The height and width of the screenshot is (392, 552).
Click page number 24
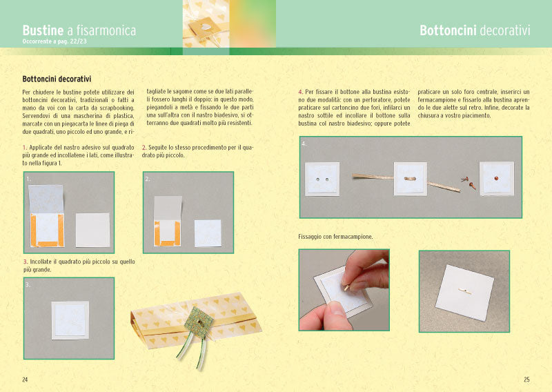click(25, 380)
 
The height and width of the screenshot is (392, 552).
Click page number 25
click(526, 380)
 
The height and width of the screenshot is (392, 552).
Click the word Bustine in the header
click(43, 30)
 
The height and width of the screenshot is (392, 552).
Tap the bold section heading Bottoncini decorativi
click(57, 79)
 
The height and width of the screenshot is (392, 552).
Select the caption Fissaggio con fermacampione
click(335, 237)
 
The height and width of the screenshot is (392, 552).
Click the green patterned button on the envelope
click(199, 322)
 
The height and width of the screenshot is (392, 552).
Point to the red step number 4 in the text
click(300, 92)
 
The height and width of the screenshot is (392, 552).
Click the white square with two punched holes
click(322, 179)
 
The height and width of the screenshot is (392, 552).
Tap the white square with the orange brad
click(497, 179)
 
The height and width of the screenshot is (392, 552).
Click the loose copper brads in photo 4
click(469, 182)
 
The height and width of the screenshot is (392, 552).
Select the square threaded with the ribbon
click(411, 179)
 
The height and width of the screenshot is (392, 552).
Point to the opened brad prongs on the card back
click(465, 291)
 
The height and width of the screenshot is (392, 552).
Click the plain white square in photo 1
click(93, 230)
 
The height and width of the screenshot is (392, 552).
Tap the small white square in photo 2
click(208, 233)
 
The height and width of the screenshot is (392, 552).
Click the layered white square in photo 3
click(70, 320)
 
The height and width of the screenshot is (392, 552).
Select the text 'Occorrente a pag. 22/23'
click(55, 41)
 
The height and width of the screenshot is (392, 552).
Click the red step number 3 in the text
click(26, 262)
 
